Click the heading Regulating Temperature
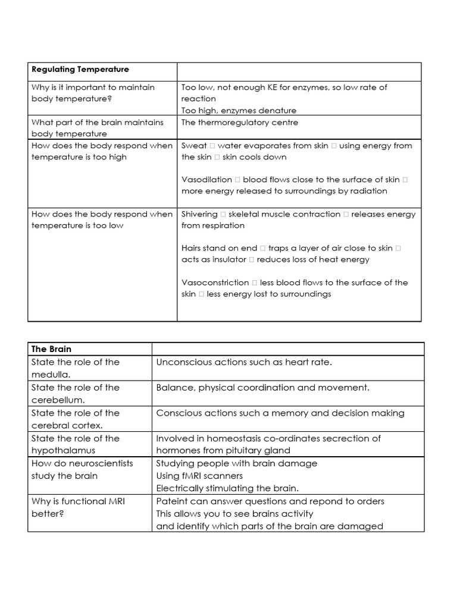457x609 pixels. coord(80,70)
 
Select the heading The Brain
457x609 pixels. coord(51,349)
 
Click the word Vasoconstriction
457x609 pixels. coord(215,282)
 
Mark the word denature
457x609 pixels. coord(277,111)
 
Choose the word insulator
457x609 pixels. coord(225,260)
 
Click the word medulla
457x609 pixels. coord(50,375)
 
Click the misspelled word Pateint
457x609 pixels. coord(171,501)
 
